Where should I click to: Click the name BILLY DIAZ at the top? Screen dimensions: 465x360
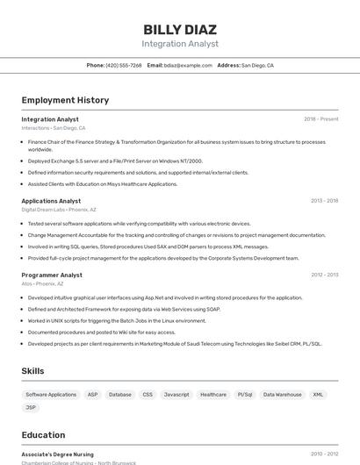tap(180, 28)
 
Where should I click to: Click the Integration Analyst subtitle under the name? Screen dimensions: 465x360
tap(180, 44)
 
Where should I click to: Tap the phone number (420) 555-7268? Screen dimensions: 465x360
tap(123, 66)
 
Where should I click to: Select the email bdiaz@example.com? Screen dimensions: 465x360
tap(188, 66)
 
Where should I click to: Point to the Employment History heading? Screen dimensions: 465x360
tap(65, 100)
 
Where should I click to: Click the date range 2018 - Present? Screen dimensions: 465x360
tap(320, 119)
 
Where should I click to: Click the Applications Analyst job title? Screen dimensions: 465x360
tap(51, 201)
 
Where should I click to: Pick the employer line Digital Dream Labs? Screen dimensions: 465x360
tap(42, 210)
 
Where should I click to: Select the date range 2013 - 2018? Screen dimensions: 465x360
tap(324, 201)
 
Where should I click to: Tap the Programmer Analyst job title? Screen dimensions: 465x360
tap(52, 275)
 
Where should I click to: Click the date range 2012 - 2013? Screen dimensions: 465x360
tap(324, 275)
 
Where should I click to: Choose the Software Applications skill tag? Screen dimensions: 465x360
tap(51, 395)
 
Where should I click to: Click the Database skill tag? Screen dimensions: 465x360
tap(120, 395)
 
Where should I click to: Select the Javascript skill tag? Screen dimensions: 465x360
tap(176, 395)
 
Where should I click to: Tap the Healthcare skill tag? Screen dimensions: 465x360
tap(213, 395)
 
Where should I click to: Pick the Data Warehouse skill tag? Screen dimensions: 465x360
tap(282, 395)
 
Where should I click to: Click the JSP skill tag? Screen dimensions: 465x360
tap(31, 407)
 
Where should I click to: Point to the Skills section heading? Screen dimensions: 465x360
tap(32, 371)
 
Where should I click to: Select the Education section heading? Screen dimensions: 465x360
tap(43, 435)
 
